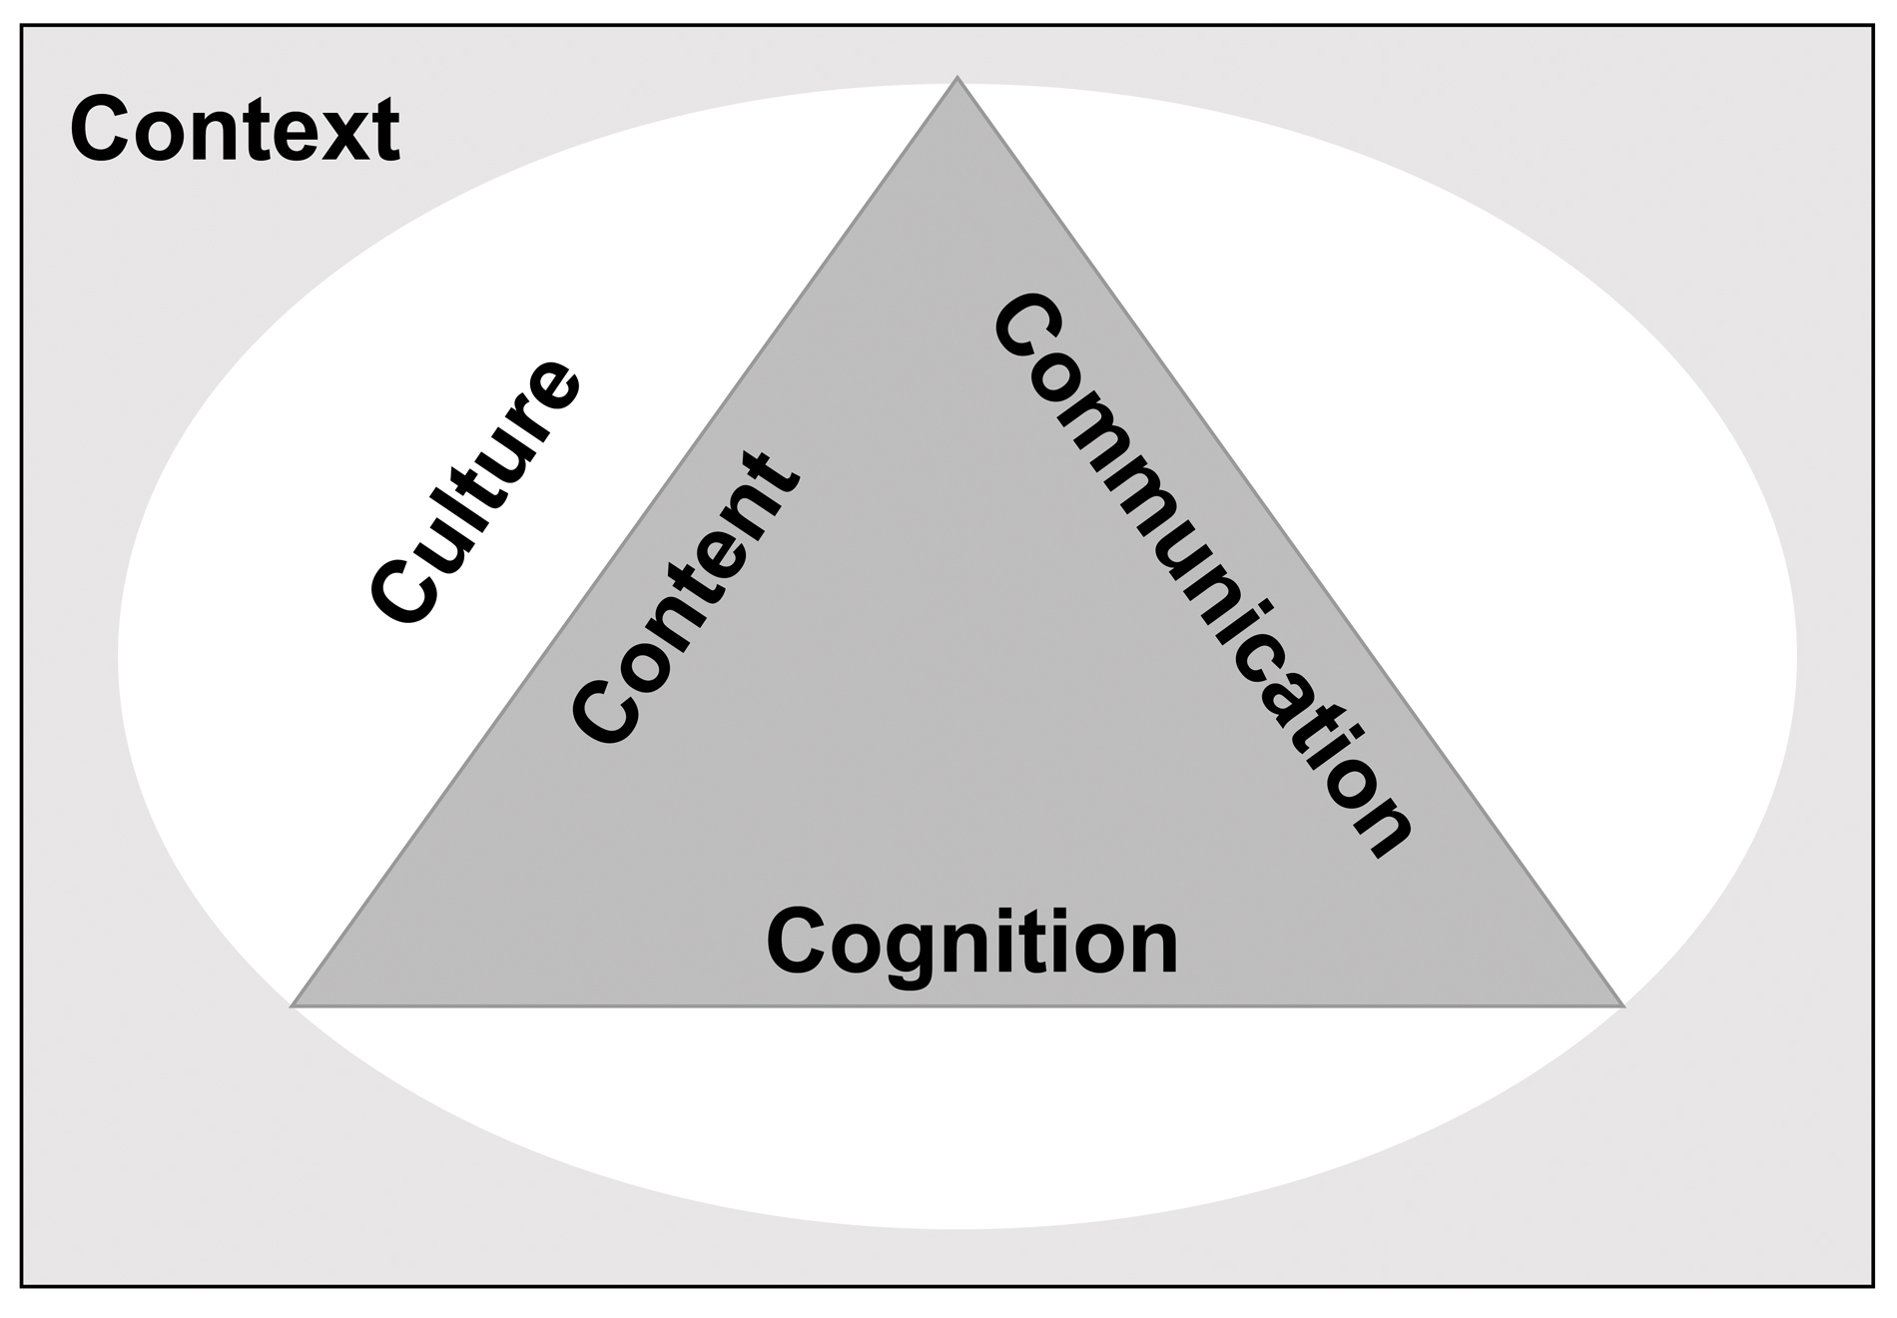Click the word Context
click(235, 130)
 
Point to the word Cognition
click(971, 943)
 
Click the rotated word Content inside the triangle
click(685, 599)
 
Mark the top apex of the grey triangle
click(956, 78)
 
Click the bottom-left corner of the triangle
click(293, 1004)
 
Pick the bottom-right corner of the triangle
click(1622, 1004)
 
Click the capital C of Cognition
click(796, 943)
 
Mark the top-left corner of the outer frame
click(22, 26)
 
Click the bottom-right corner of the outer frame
click(1872, 1286)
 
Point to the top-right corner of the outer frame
click(1872, 26)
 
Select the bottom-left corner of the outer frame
click(22, 1286)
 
